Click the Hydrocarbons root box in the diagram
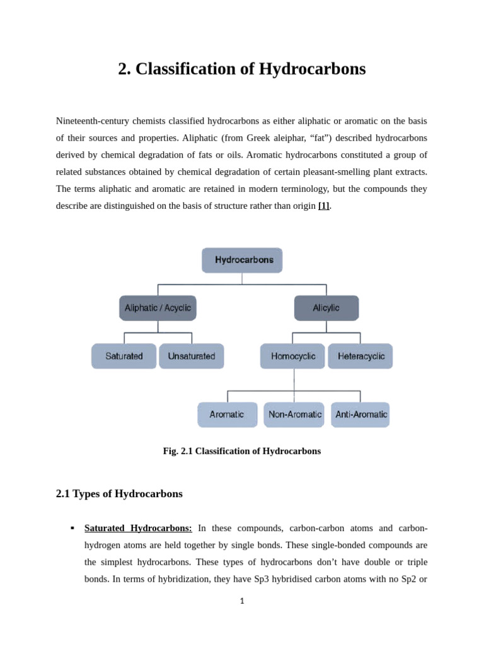pyautogui.click(x=242, y=260)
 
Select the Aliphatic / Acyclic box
pyautogui.click(x=158, y=308)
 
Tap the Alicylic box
pyautogui.click(x=326, y=308)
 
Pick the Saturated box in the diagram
pyautogui.click(x=124, y=356)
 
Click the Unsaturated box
pyautogui.click(x=191, y=356)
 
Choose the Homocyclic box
pyautogui.click(x=292, y=356)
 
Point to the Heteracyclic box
pyautogui.click(x=360, y=356)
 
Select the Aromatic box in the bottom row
pyautogui.click(x=227, y=414)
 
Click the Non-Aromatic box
pyautogui.click(x=294, y=414)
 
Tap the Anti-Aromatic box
pyautogui.click(x=360, y=414)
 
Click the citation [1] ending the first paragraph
pyautogui.click(x=324, y=206)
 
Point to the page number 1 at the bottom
pyautogui.click(x=242, y=601)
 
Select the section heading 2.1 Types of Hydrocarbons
pyautogui.click(x=119, y=494)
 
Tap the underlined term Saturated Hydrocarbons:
pyautogui.click(x=138, y=528)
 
